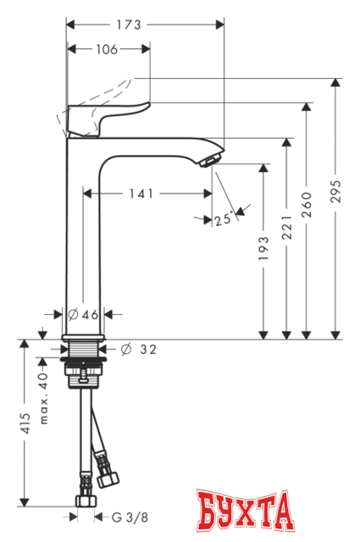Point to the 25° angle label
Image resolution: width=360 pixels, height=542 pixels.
(223, 218)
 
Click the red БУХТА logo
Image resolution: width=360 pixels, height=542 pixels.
(246, 512)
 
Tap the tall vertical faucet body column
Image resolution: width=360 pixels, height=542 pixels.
(83, 237)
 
